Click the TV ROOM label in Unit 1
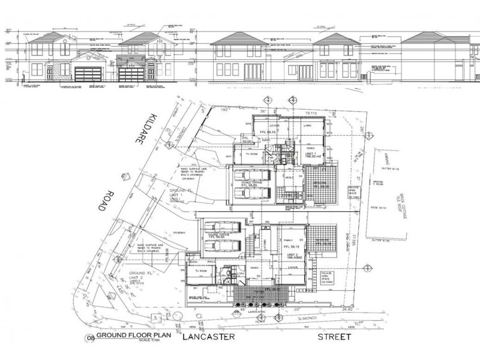pos(247,153)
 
